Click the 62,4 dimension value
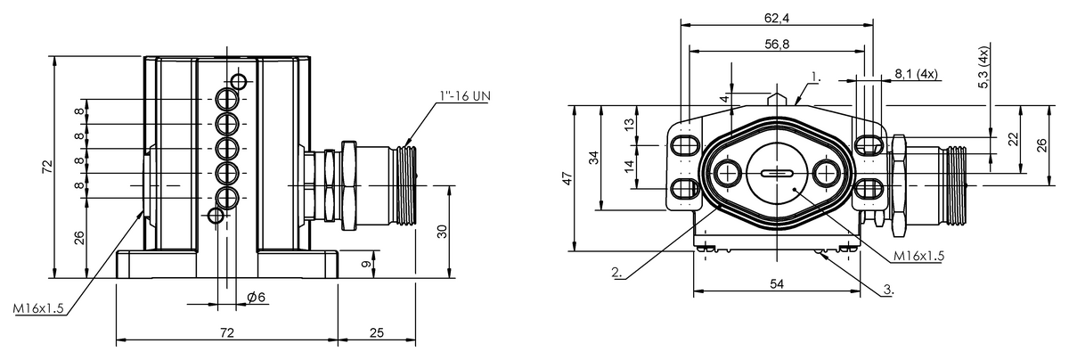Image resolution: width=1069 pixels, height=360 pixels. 777,18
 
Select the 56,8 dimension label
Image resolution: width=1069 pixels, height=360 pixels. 777,45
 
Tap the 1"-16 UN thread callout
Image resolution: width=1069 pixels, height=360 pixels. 465,96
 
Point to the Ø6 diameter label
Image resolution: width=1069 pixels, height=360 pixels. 256,297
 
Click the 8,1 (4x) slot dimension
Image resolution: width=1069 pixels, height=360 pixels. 917,74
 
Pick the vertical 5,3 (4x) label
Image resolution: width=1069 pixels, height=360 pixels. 983,73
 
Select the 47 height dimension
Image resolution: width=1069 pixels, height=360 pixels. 567,178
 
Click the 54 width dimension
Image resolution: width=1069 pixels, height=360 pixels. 777,284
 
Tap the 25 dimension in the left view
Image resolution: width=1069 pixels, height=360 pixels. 377,332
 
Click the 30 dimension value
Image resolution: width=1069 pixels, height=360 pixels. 443,232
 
